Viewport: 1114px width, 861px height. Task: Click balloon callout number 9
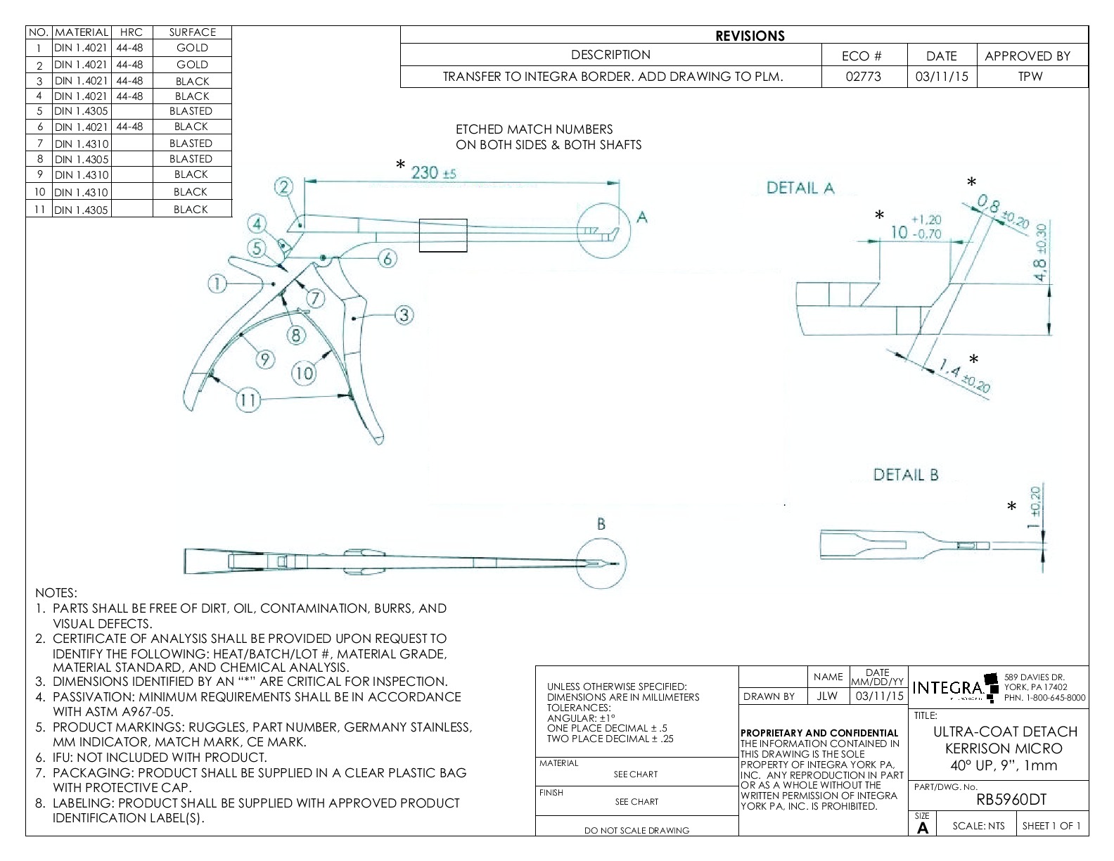pos(264,360)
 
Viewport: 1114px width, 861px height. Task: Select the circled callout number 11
pos(248,401)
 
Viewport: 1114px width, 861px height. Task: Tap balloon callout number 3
pos(404,315)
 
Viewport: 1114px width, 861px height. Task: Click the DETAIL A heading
pos(800,188)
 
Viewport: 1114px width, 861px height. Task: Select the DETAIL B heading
pos(906,475)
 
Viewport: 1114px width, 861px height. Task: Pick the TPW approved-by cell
pos(1030,77)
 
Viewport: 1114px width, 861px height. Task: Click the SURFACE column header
pos(192,32)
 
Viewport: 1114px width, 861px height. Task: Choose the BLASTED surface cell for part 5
pos(191,111)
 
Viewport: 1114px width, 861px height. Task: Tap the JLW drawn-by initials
pos(828,696)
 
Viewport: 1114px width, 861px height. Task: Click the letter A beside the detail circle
pos(641,218)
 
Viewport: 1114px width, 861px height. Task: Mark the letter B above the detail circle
pos(601,524)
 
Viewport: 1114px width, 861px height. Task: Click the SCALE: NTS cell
pos(978,826)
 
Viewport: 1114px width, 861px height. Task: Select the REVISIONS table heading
pos(750,36)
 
